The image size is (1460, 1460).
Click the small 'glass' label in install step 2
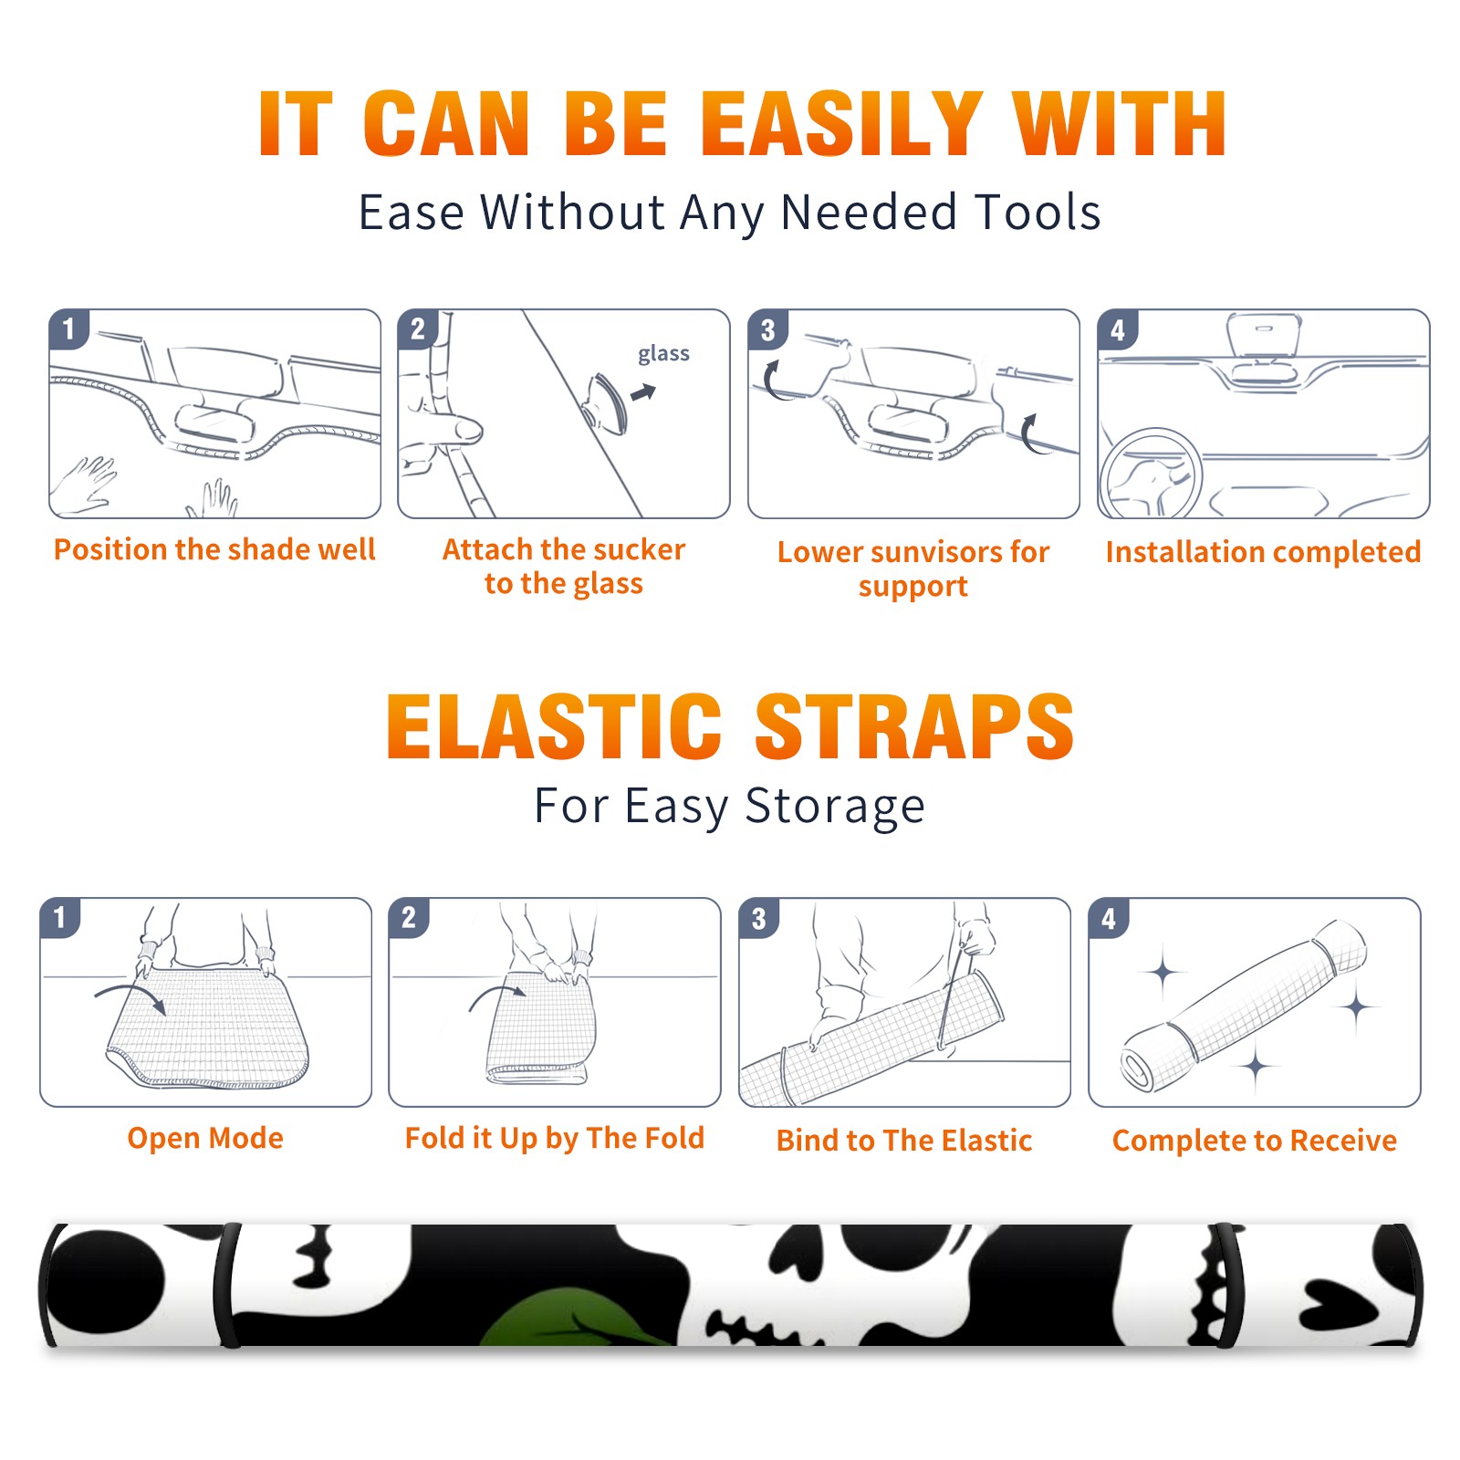[663, 354]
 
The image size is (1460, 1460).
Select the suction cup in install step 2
[605, 402]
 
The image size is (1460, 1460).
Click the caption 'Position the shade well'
[214, 549]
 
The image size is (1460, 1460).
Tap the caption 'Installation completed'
[1263, 551]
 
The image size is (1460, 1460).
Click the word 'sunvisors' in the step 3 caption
[925, 551]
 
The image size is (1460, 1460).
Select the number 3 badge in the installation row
[767, 329]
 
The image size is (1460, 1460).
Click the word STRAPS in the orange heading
[914, 726]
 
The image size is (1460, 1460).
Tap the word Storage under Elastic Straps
[835, 807]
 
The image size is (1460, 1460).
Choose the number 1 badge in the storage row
[60, 918]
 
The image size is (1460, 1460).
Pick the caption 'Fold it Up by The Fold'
[555, 1138]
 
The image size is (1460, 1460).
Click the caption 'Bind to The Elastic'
[904, 1140]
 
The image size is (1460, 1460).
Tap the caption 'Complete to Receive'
[1255, 1140]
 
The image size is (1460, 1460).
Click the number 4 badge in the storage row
[1109, 918]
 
